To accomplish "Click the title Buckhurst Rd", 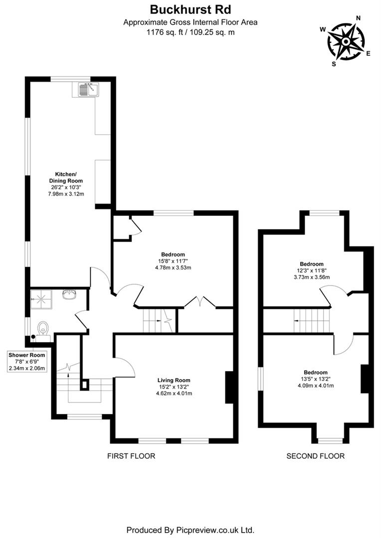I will [x=190, y=9].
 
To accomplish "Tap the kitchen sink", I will [x=88, y=90].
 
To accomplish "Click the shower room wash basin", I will [x=69, y=294].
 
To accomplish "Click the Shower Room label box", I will [x=27, y=362].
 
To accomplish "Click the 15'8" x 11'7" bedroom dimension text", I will [x=173, y=261].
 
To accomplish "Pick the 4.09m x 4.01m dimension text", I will [x=316, y=385].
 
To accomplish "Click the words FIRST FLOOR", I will [x=131, y=456].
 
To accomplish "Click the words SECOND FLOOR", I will [x=315, y=456].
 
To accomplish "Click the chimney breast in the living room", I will [x=229, y=387].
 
